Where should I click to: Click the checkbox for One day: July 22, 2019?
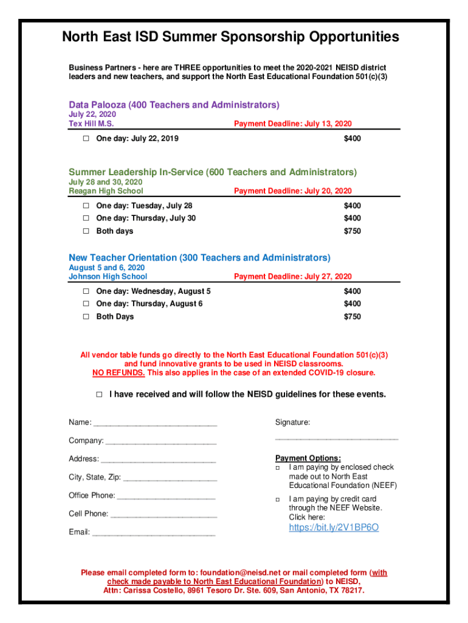click(86, 139)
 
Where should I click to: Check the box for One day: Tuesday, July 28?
click(86, 206)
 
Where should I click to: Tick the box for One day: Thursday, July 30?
click(86, 218)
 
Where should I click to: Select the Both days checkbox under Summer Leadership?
click(86, 231)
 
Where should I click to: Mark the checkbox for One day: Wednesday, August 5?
click(86, 291)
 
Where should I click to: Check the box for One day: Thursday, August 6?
click(86, 304)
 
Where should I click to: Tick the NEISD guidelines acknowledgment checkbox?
click(100, 395)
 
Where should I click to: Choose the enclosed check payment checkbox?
click(277, 468)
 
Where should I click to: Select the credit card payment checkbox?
click(277, 499)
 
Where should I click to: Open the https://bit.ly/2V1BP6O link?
click(334, 527)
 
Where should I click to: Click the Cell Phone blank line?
click(163, 514)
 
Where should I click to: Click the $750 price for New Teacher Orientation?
click(352, 317)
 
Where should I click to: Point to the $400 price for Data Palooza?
click(352, 139)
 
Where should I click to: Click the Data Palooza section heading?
click(174, 105)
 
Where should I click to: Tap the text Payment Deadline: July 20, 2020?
click(292, 191)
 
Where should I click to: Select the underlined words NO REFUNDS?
click(119, 373)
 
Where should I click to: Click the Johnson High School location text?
click(108, 277)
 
